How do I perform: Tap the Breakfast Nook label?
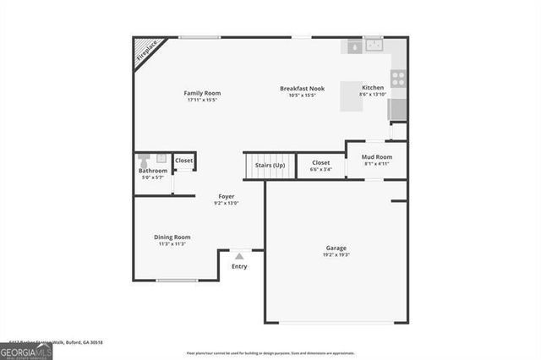(298, 88)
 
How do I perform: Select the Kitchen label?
(373, 88)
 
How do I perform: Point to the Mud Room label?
(377, 157)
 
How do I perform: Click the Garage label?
(336, 248)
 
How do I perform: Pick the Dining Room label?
(172, 237)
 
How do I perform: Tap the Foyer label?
(227, 196)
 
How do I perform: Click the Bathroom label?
(153, 171)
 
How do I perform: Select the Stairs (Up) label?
(270, 165)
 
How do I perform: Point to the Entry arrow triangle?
(239, 255)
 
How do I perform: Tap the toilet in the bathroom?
(144, 161)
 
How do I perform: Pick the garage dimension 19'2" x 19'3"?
(336, 255)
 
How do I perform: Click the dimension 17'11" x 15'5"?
(202, 100)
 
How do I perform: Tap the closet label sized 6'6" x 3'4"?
(321, 166)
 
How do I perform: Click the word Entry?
(239, 267)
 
